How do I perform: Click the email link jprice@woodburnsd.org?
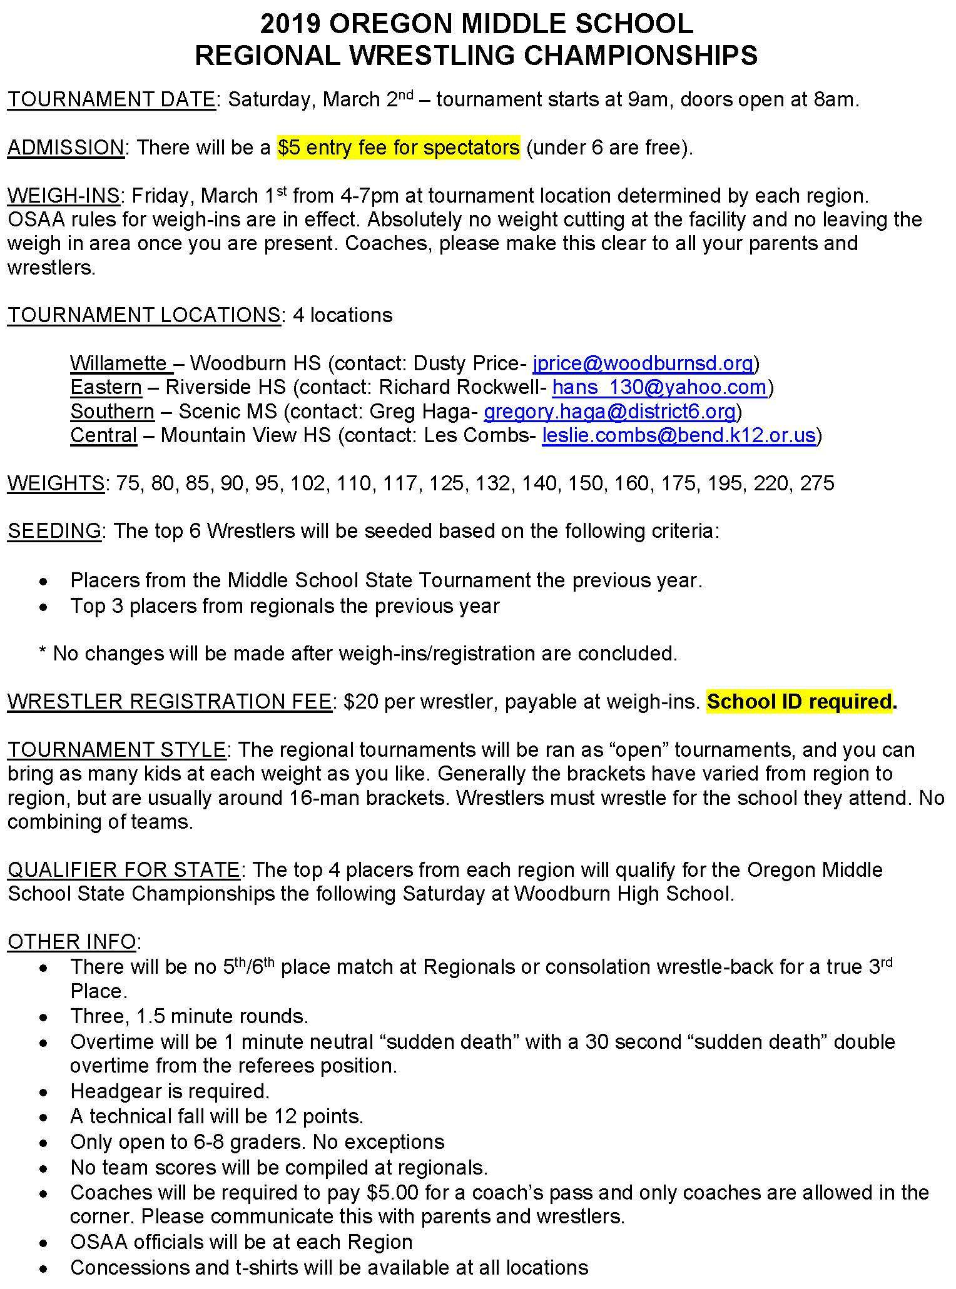[x=643, y=363]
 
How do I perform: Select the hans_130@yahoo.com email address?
[x=659, y=387]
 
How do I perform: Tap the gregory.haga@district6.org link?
[x=610, y=411]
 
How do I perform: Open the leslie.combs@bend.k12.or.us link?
[x=679, y=435]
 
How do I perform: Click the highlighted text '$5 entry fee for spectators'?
[x=399, y=148]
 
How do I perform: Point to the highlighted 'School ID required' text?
[x=799, y=702]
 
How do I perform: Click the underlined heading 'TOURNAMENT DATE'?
[x=111, y=100]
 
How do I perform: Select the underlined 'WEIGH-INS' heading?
[x=63, y=196]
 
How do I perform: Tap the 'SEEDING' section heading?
[x=54, y=531]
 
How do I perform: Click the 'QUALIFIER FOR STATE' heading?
[x=123, y=870]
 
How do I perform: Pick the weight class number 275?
[x=816, y=483]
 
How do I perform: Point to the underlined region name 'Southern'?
[x=112, y=411]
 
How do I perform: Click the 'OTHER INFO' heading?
[x=71, y=941]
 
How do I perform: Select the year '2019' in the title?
[x=290, y=25]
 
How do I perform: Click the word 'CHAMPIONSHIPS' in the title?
[x=641, y=56]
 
